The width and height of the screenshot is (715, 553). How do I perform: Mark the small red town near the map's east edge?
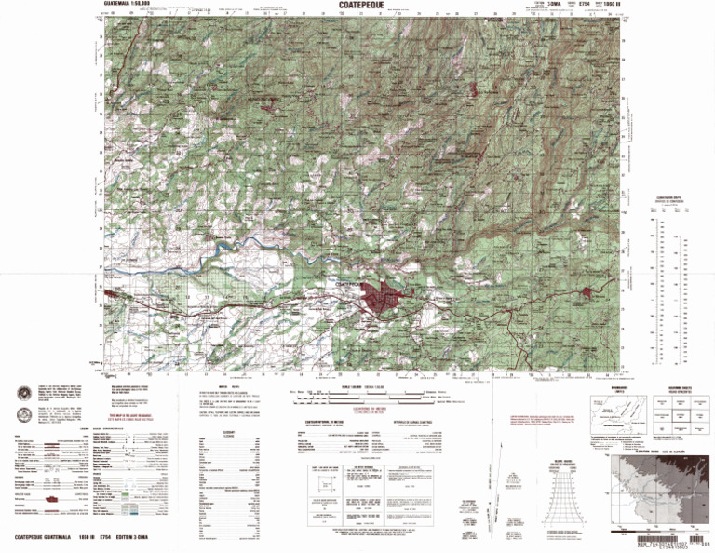click(x=587, y=296)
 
